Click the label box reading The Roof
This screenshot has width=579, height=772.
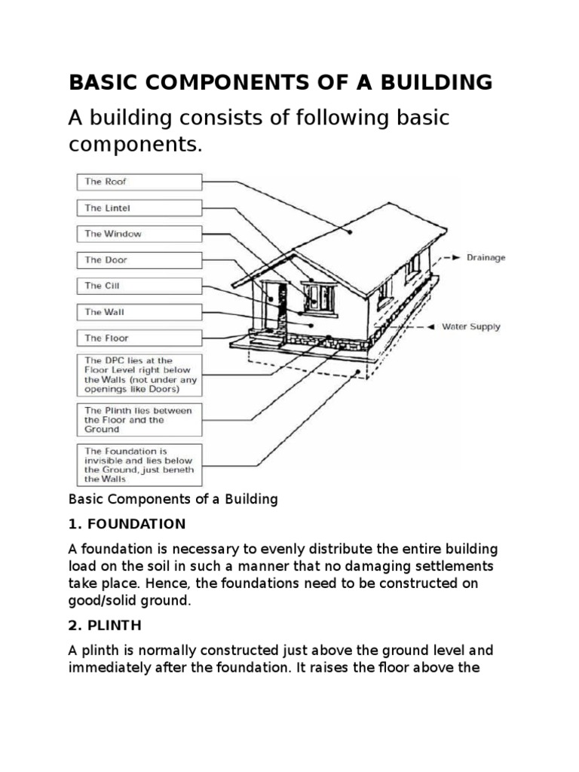139,182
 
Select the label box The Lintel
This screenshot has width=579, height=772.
139,208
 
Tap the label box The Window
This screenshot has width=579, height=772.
139,234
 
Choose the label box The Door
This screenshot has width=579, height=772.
139,260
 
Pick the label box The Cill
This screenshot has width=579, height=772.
139,286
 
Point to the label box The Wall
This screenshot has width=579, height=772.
139,312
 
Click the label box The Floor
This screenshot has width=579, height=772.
139,338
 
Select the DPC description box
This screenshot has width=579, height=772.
139,375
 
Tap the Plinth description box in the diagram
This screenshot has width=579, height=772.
139,420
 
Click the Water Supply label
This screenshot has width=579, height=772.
470,327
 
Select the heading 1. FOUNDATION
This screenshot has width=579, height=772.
127,523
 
